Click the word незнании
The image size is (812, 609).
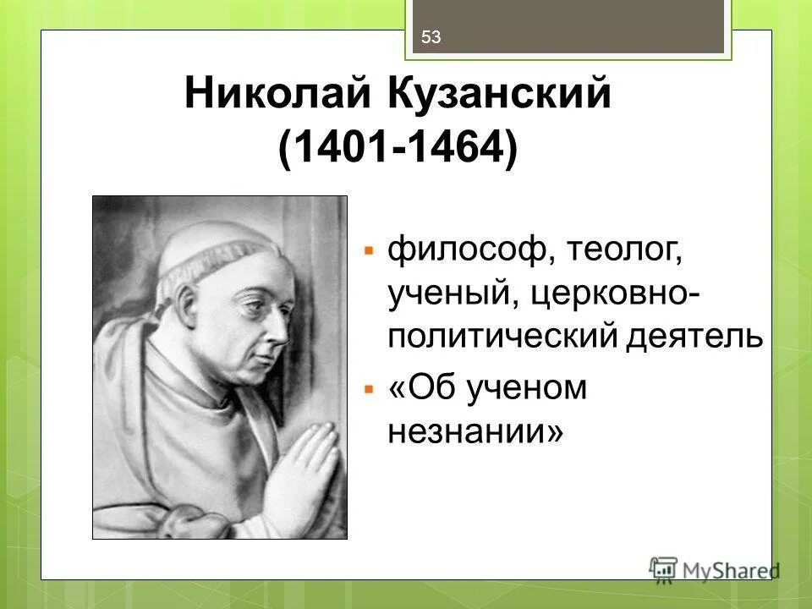475,432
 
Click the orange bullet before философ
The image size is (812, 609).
369,251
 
